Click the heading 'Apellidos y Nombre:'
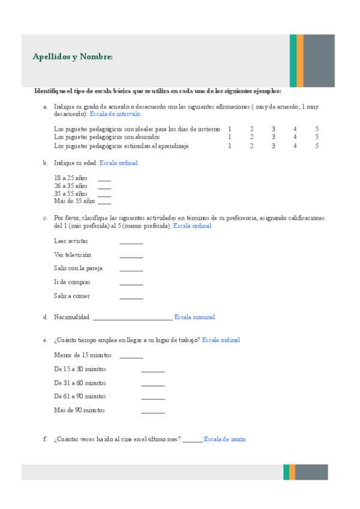click(x=73, y=57)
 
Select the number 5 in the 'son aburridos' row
click(x=316, y=137)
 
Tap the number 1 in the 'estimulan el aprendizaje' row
click(x=229, y=145)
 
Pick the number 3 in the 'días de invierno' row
click(x=273, y=128)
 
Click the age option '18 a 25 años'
click(x=71, y=178)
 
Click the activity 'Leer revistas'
click(x=71, y=241)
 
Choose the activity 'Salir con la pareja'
click(x=78, y=268)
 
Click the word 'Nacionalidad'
click(x=71, y=317)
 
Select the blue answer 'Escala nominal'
click(x=194, y=317)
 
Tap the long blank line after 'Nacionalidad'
click(x=133, y=319)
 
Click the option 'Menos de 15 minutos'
click(x=83, y=355)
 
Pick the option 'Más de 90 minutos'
click(x=79, y=410)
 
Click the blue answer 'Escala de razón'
click(x=224, y=439)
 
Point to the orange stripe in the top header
click(x=300, y=61)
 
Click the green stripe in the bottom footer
click(x=286, y=472)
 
